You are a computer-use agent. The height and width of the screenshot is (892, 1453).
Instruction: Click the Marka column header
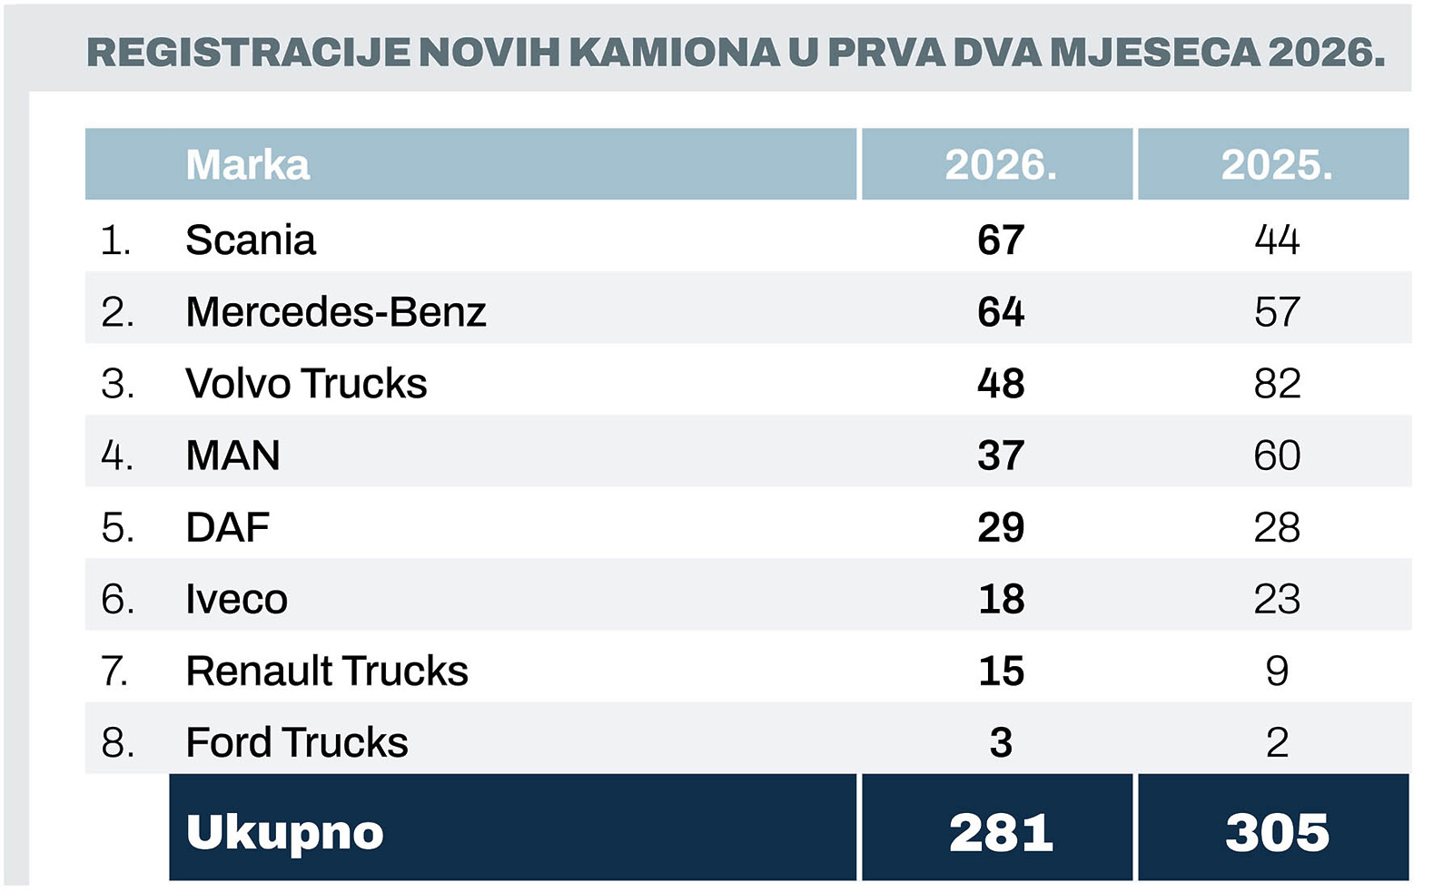click(247, 165)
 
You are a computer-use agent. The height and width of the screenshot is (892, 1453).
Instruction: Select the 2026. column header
click(1000, 165)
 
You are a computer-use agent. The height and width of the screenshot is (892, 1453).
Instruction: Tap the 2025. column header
click(1276, 165)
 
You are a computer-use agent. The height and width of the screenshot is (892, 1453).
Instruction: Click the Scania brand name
click(251, 240)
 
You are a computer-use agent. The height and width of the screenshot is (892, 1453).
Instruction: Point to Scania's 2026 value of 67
click(1001, 240)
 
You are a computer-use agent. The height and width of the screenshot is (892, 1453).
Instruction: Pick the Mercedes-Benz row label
click(336, 312)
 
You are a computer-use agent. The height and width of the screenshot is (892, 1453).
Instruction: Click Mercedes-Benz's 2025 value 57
click(1277, 312)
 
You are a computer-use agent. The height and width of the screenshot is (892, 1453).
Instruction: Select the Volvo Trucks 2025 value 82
click(1277, 384)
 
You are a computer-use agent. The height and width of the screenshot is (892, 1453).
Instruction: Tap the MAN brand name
click(232, 456)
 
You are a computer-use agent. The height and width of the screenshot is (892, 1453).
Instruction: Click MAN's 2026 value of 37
click(1001, 456)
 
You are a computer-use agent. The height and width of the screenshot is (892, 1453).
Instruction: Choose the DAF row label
click(228, 527)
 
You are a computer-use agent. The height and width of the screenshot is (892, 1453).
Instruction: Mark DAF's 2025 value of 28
click(1277, 527)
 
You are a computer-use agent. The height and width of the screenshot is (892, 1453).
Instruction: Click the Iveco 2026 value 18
click(1001, 600)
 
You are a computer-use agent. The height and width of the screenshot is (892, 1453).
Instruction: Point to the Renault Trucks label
click(327, 671)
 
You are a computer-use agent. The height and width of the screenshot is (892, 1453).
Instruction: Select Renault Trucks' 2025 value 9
click(1277, 671)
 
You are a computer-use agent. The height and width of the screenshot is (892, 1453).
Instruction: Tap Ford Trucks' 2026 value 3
click(1001, 743)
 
